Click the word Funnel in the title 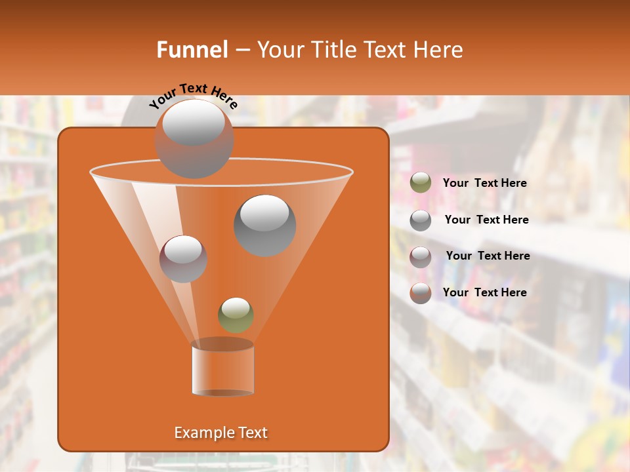[192, 50]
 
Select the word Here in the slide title [439, 50]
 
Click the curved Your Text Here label [194, 96]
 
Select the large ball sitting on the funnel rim [194, 138]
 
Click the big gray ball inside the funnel [264, 226]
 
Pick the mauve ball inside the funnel [183, 259]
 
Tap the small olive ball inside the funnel [236, 315]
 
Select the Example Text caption [221, 433]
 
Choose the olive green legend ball [421, 183]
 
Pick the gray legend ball [421, 220]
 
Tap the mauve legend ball [421, 256]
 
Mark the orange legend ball [421, 293]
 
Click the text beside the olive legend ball [485, 184]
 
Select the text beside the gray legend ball [486, 220]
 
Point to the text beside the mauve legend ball [488, 256]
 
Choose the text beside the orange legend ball [485, 292]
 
